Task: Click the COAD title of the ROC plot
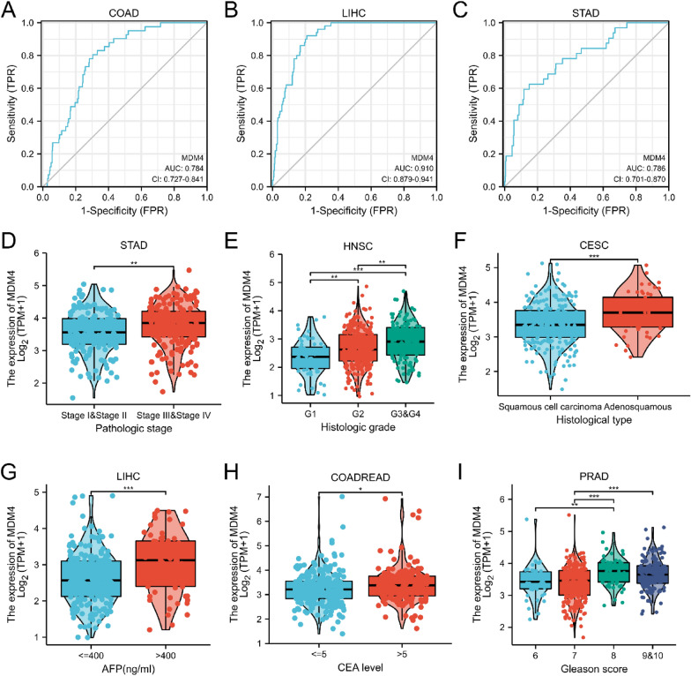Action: pyautogui.click(x=124, y=12)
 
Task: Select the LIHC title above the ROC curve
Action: pyautogui.click(x=355, y=12)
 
